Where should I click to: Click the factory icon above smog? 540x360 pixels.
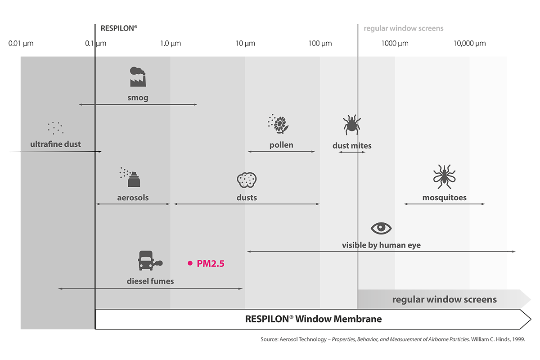[138, 77]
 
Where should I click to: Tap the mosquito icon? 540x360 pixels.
[444, 176]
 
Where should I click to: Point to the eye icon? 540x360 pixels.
[381, 228]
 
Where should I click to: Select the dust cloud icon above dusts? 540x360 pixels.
[246, 180]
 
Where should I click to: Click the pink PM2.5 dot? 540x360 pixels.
[190, 263]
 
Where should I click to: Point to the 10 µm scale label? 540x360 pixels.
[245, 44]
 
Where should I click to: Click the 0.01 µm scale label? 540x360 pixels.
[21, 44]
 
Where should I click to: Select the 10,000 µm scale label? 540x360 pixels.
[469, 44]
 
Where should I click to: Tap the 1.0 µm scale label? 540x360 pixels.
[171, 44]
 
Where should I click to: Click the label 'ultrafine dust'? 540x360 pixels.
[56, 144]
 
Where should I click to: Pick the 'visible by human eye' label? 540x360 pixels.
[381, 245]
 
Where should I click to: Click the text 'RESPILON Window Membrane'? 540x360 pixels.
[313, 319]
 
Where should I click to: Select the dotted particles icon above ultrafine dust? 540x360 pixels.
[56, 128]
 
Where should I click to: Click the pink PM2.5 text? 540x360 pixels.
[211, 263]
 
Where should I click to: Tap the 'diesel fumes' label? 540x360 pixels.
[150, 281]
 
